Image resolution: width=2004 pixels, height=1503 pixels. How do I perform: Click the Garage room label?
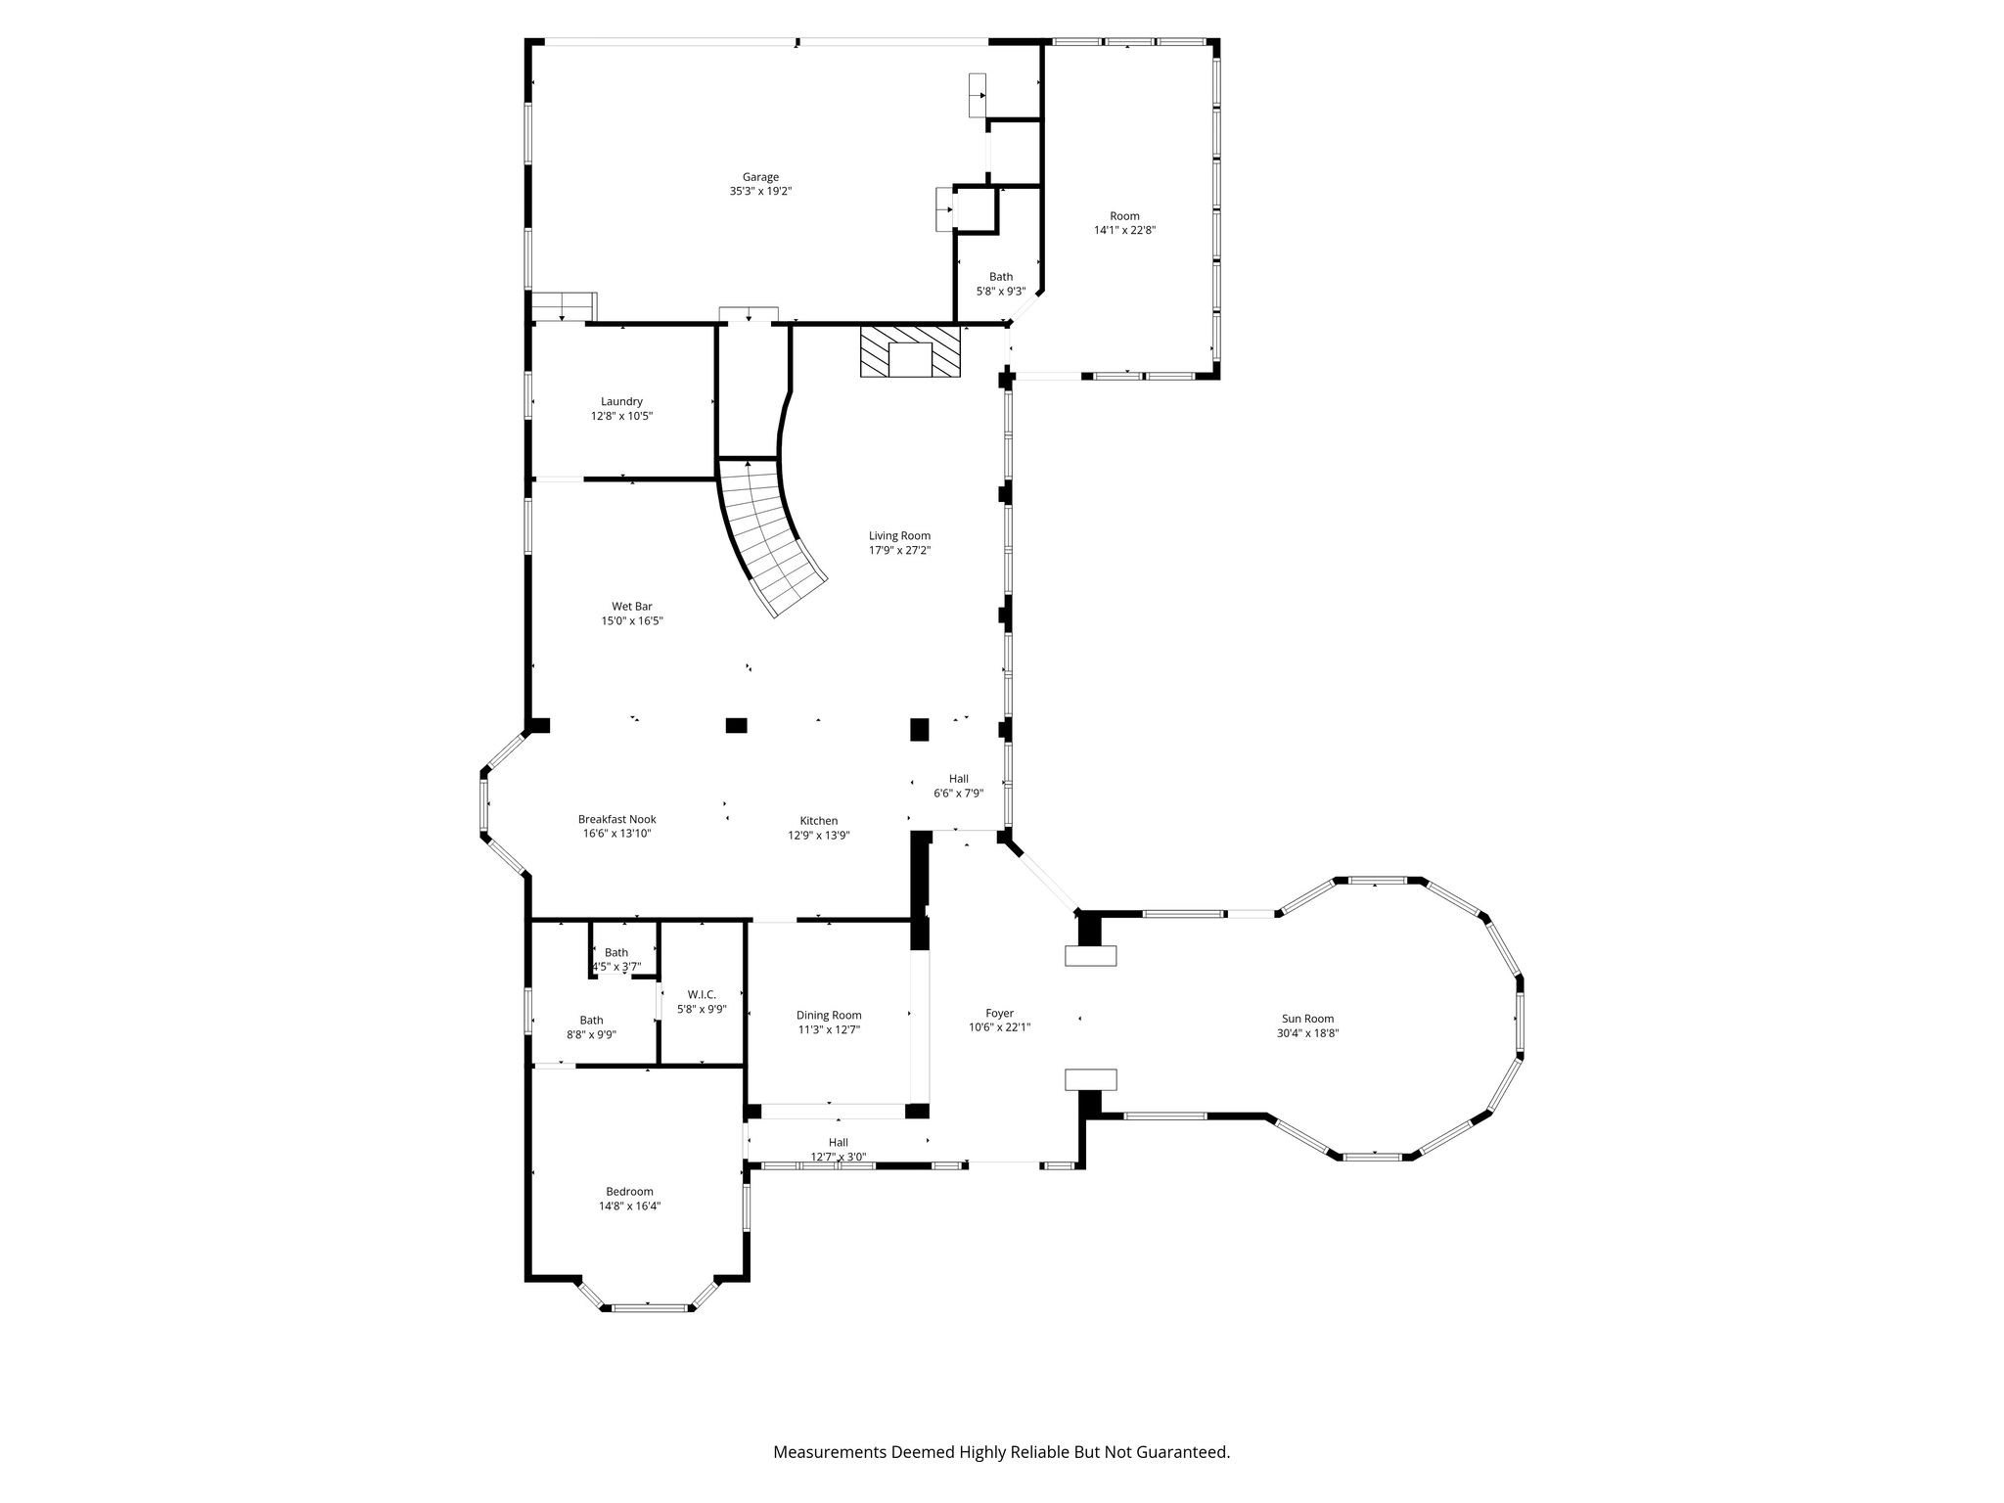click(760, 177)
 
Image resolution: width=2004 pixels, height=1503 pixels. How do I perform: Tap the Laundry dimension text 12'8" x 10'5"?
click(621, 416)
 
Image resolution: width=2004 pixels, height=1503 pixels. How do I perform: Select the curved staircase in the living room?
click(773, 537)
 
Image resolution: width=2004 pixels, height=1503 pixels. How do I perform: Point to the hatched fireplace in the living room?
click(911, 351)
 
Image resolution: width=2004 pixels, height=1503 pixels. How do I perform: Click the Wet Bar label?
click(632, 607)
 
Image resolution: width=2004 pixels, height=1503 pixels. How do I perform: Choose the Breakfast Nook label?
click(616, 820)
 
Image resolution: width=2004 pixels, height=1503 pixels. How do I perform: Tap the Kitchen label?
click(819, 821)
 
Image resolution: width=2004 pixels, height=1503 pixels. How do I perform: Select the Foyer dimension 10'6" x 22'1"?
click(1000, 1027)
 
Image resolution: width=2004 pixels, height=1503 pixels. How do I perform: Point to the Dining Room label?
click(829, 1016)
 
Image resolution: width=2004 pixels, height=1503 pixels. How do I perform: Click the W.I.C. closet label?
click(702, 995)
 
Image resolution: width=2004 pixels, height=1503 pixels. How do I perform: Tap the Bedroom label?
click(629, 1192)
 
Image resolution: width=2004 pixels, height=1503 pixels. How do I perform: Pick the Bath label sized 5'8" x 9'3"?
click(1001, 277)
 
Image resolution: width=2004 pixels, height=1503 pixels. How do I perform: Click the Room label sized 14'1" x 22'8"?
click(1124, 216)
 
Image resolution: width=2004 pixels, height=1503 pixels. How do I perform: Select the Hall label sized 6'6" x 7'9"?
click(959, 779)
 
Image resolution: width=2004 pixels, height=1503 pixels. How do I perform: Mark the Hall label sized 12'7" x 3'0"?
click(839, 1142)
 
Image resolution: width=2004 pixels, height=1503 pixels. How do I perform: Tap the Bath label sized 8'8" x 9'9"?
click(591, 1021)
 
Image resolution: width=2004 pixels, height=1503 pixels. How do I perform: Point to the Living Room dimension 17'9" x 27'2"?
click(900, 550)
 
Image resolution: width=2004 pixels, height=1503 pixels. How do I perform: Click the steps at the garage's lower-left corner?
click(564, 306)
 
